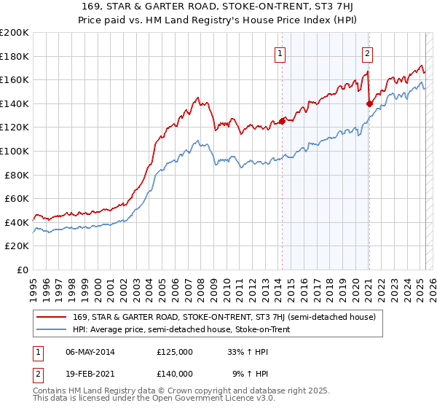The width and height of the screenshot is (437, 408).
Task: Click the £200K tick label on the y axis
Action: click(15, 33)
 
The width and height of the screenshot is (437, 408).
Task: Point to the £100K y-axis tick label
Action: click(15, 151)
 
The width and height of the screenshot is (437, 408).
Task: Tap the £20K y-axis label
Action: click(17, 246)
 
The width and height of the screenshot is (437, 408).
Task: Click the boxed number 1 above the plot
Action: click(280, 52)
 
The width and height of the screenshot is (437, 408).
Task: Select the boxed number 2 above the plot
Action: click(368, 52)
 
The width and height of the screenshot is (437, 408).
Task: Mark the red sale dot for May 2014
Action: click(282, 122)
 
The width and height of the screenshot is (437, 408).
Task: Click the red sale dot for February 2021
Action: click(369, 104)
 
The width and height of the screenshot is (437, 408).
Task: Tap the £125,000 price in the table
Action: click(175, 352)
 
